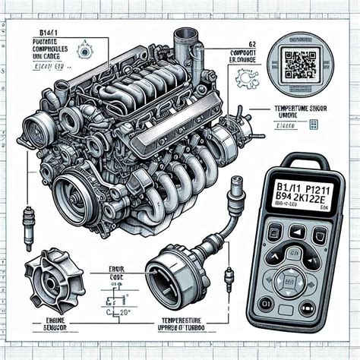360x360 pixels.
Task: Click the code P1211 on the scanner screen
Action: (314, 187)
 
